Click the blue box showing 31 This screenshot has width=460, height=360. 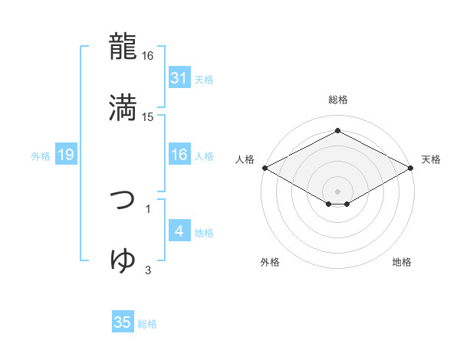[x=179, y=78]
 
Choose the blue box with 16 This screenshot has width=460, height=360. [x=179, y=155]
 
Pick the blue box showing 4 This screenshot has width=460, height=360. [x=179, y=231]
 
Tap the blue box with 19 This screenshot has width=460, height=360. [x=65, y=155]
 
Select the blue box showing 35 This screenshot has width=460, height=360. [x=123, y=322]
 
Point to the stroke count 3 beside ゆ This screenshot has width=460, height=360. [x=148, y=270]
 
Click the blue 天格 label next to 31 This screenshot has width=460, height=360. [x=204, y=79]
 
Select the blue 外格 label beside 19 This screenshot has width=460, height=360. [x=41, y=156]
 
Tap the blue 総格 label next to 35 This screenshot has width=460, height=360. [x=147, y=323]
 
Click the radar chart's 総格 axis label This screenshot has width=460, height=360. [x=337, y=100]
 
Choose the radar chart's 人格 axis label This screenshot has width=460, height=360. [x=245, y=159]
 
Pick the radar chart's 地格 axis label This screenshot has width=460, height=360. [x=402, y=263]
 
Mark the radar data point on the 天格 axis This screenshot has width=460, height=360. [x=412, y=168]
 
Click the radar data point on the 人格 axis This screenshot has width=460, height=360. [x=264, y=168]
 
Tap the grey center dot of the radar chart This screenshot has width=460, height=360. [x=337, y=191]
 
